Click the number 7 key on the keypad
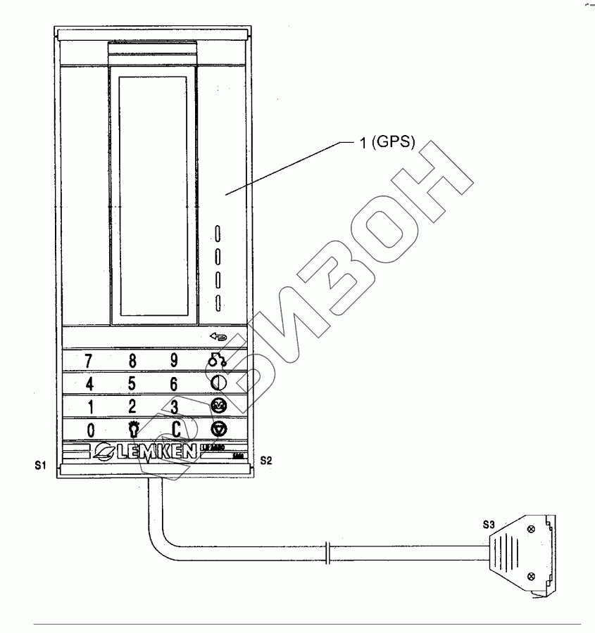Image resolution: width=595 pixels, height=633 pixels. coord(89,361)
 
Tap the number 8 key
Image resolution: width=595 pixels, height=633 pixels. coord(132,361)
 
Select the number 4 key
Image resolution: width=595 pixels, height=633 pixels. coord(89,385)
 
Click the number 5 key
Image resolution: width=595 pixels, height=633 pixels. coord(132,385)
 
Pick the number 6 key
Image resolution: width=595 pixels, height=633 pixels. coord(174,385)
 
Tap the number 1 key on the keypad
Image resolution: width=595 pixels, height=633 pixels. coord(89,407)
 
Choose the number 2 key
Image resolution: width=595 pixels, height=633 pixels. coord(132,407)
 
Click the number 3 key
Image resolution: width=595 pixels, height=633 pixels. coord(174,407)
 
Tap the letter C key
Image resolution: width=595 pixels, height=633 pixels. coord(176,430)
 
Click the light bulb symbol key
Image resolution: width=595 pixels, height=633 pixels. coord(132,429)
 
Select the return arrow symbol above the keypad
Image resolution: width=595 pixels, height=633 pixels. coord(219,338)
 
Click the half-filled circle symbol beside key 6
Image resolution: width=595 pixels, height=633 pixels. coord(217,384)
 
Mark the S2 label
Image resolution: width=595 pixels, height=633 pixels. coord(265,461)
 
